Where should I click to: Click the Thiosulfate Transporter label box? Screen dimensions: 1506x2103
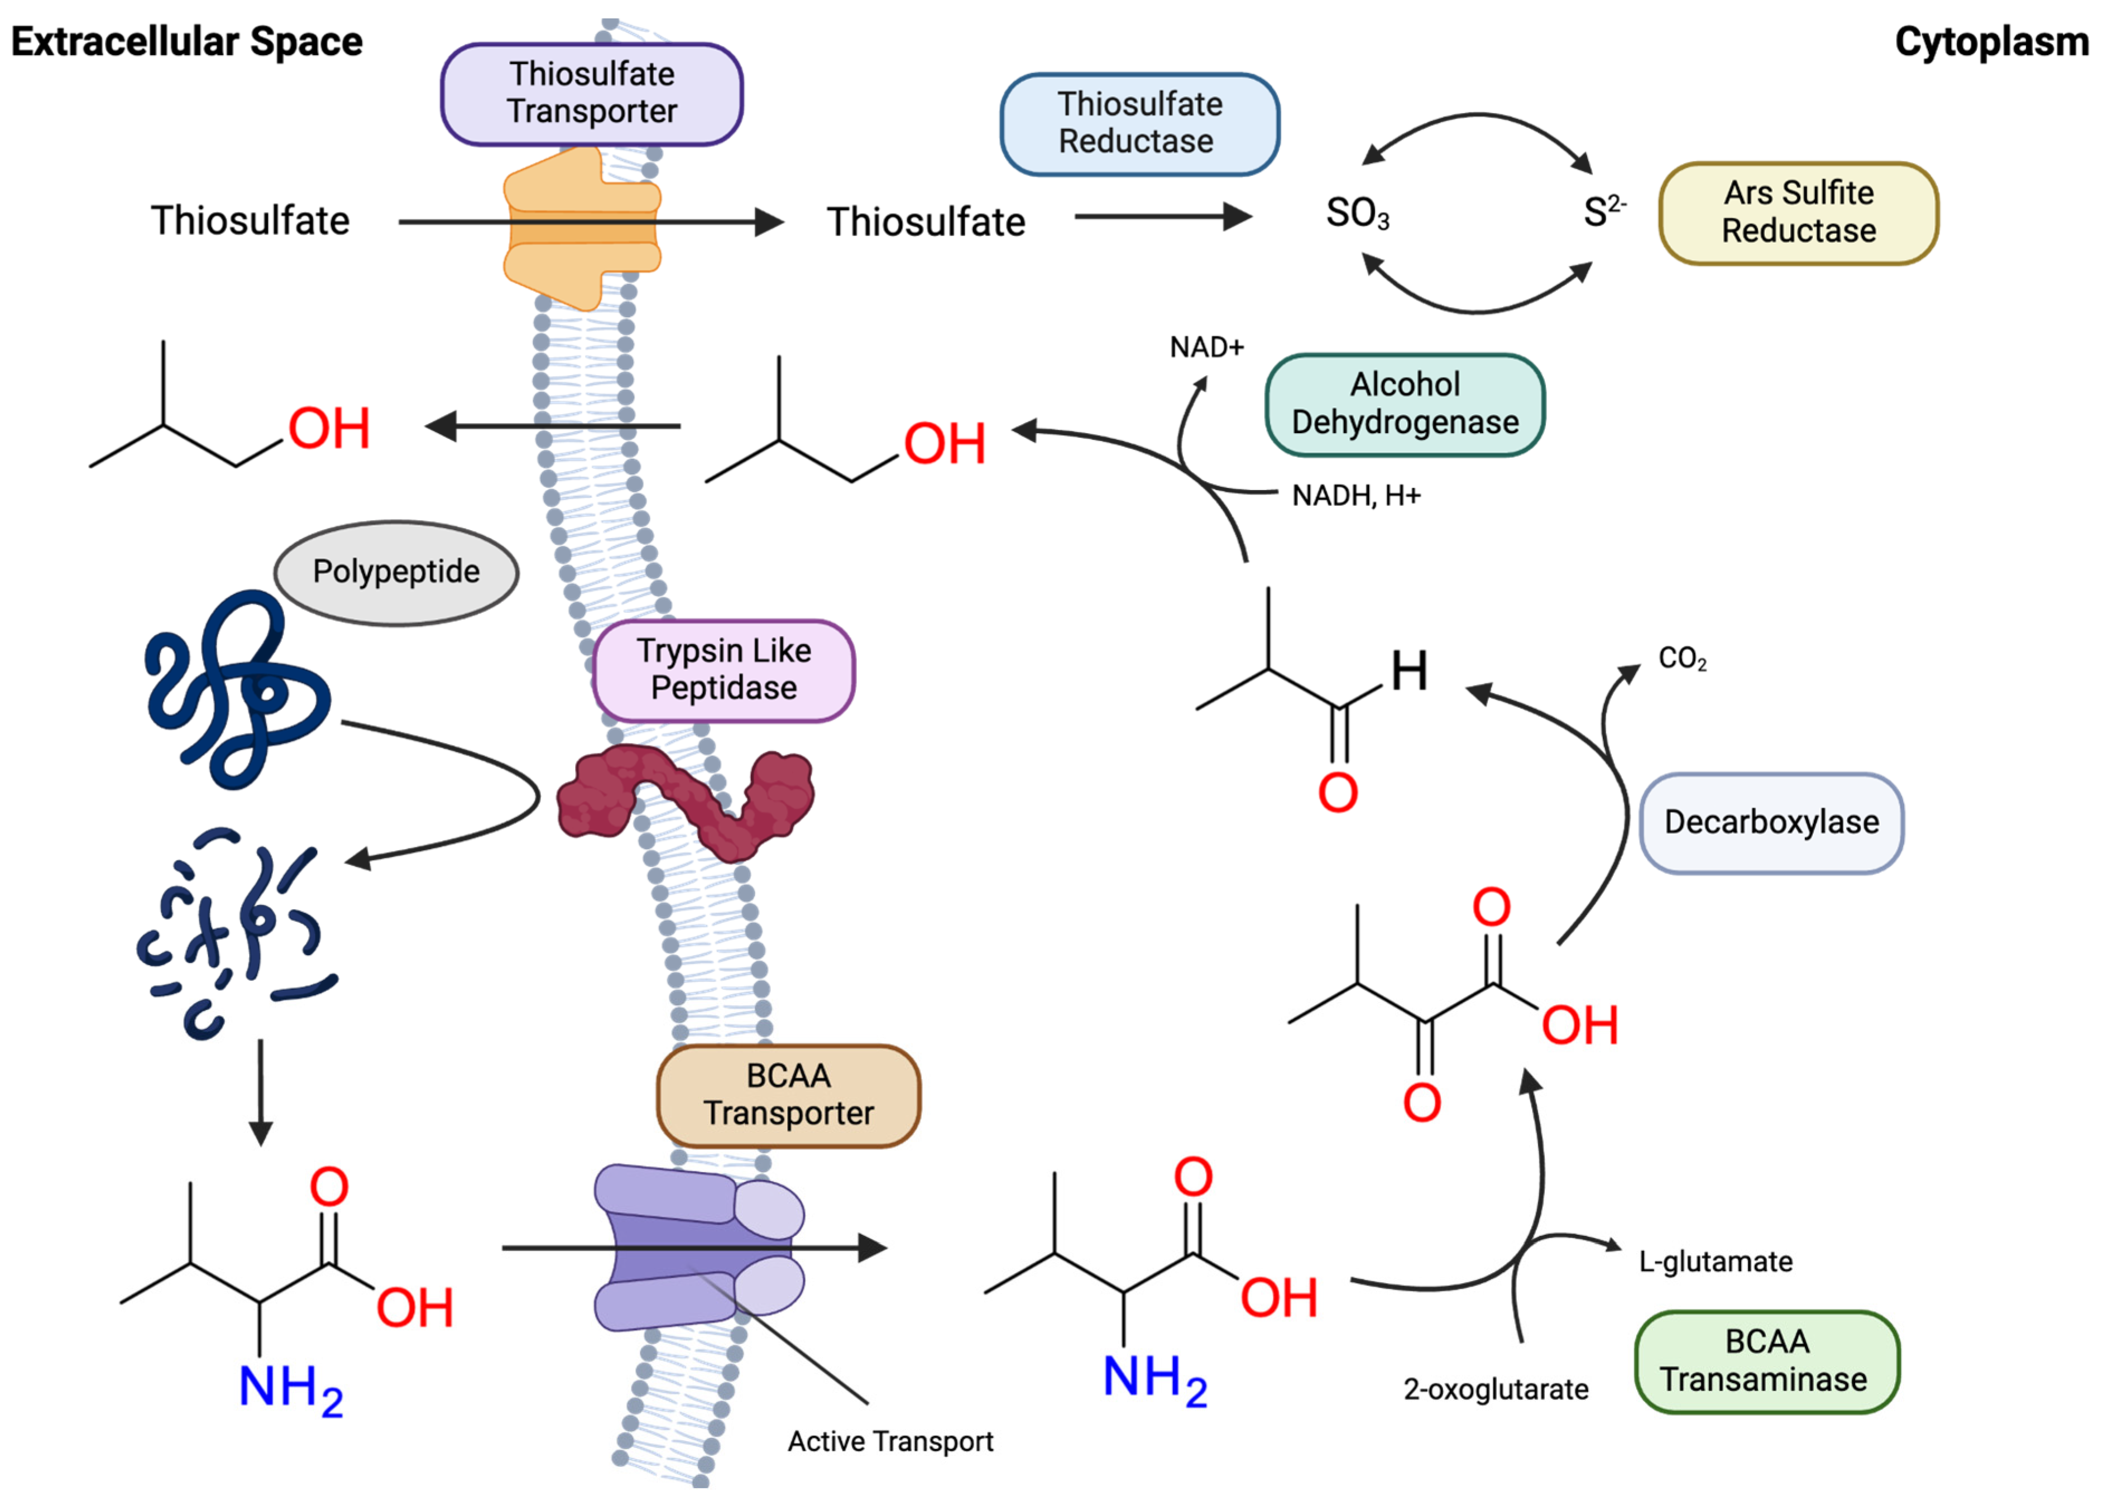[x=592, y=94]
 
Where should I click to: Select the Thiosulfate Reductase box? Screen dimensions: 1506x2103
[x=1139, y=123]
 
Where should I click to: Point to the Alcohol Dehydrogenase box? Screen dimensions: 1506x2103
[x=1405, y=404]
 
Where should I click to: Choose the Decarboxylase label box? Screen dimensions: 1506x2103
[x=1771, y=823]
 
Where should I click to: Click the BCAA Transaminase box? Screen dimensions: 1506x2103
[x=1766, y=1361]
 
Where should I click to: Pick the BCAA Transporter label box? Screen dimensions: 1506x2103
[x=788, y=1095]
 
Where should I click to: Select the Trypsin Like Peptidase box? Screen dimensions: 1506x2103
[x=724, y=669]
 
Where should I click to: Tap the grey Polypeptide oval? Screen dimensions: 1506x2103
[x=396, y=572]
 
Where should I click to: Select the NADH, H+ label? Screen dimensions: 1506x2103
[x=1355, y=496]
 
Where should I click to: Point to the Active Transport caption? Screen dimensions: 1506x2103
[x=890, y=1441]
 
